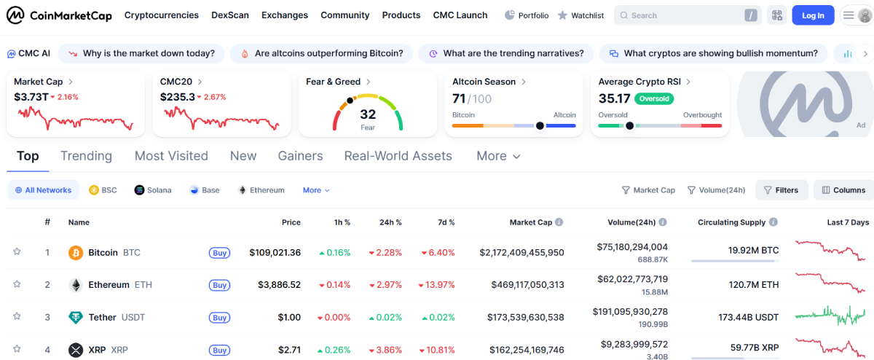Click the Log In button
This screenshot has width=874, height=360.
click(x=813, y=15)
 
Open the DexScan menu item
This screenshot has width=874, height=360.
click(x=229, y=15)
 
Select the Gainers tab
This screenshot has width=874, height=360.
click(x=300, y=156)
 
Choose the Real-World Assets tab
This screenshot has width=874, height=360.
click(x=398, y=156)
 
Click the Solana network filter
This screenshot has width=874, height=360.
click(x=153, y=190)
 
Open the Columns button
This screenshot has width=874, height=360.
click(x=843, y=190)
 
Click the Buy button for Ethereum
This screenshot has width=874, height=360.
click(x=219, y=285)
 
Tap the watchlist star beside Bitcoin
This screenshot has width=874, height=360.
click(x=17, y=252)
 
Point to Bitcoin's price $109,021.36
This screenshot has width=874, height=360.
click(x=275, y=253)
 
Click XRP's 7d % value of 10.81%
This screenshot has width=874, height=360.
click(x=438, y=350)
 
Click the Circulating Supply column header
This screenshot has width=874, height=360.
click(x=731, y=222)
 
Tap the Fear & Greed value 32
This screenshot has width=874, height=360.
click(x=368, y=114)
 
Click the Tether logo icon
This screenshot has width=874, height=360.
click(x=75, y=317)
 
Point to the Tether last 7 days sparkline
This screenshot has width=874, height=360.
click(x=830, y=316)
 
